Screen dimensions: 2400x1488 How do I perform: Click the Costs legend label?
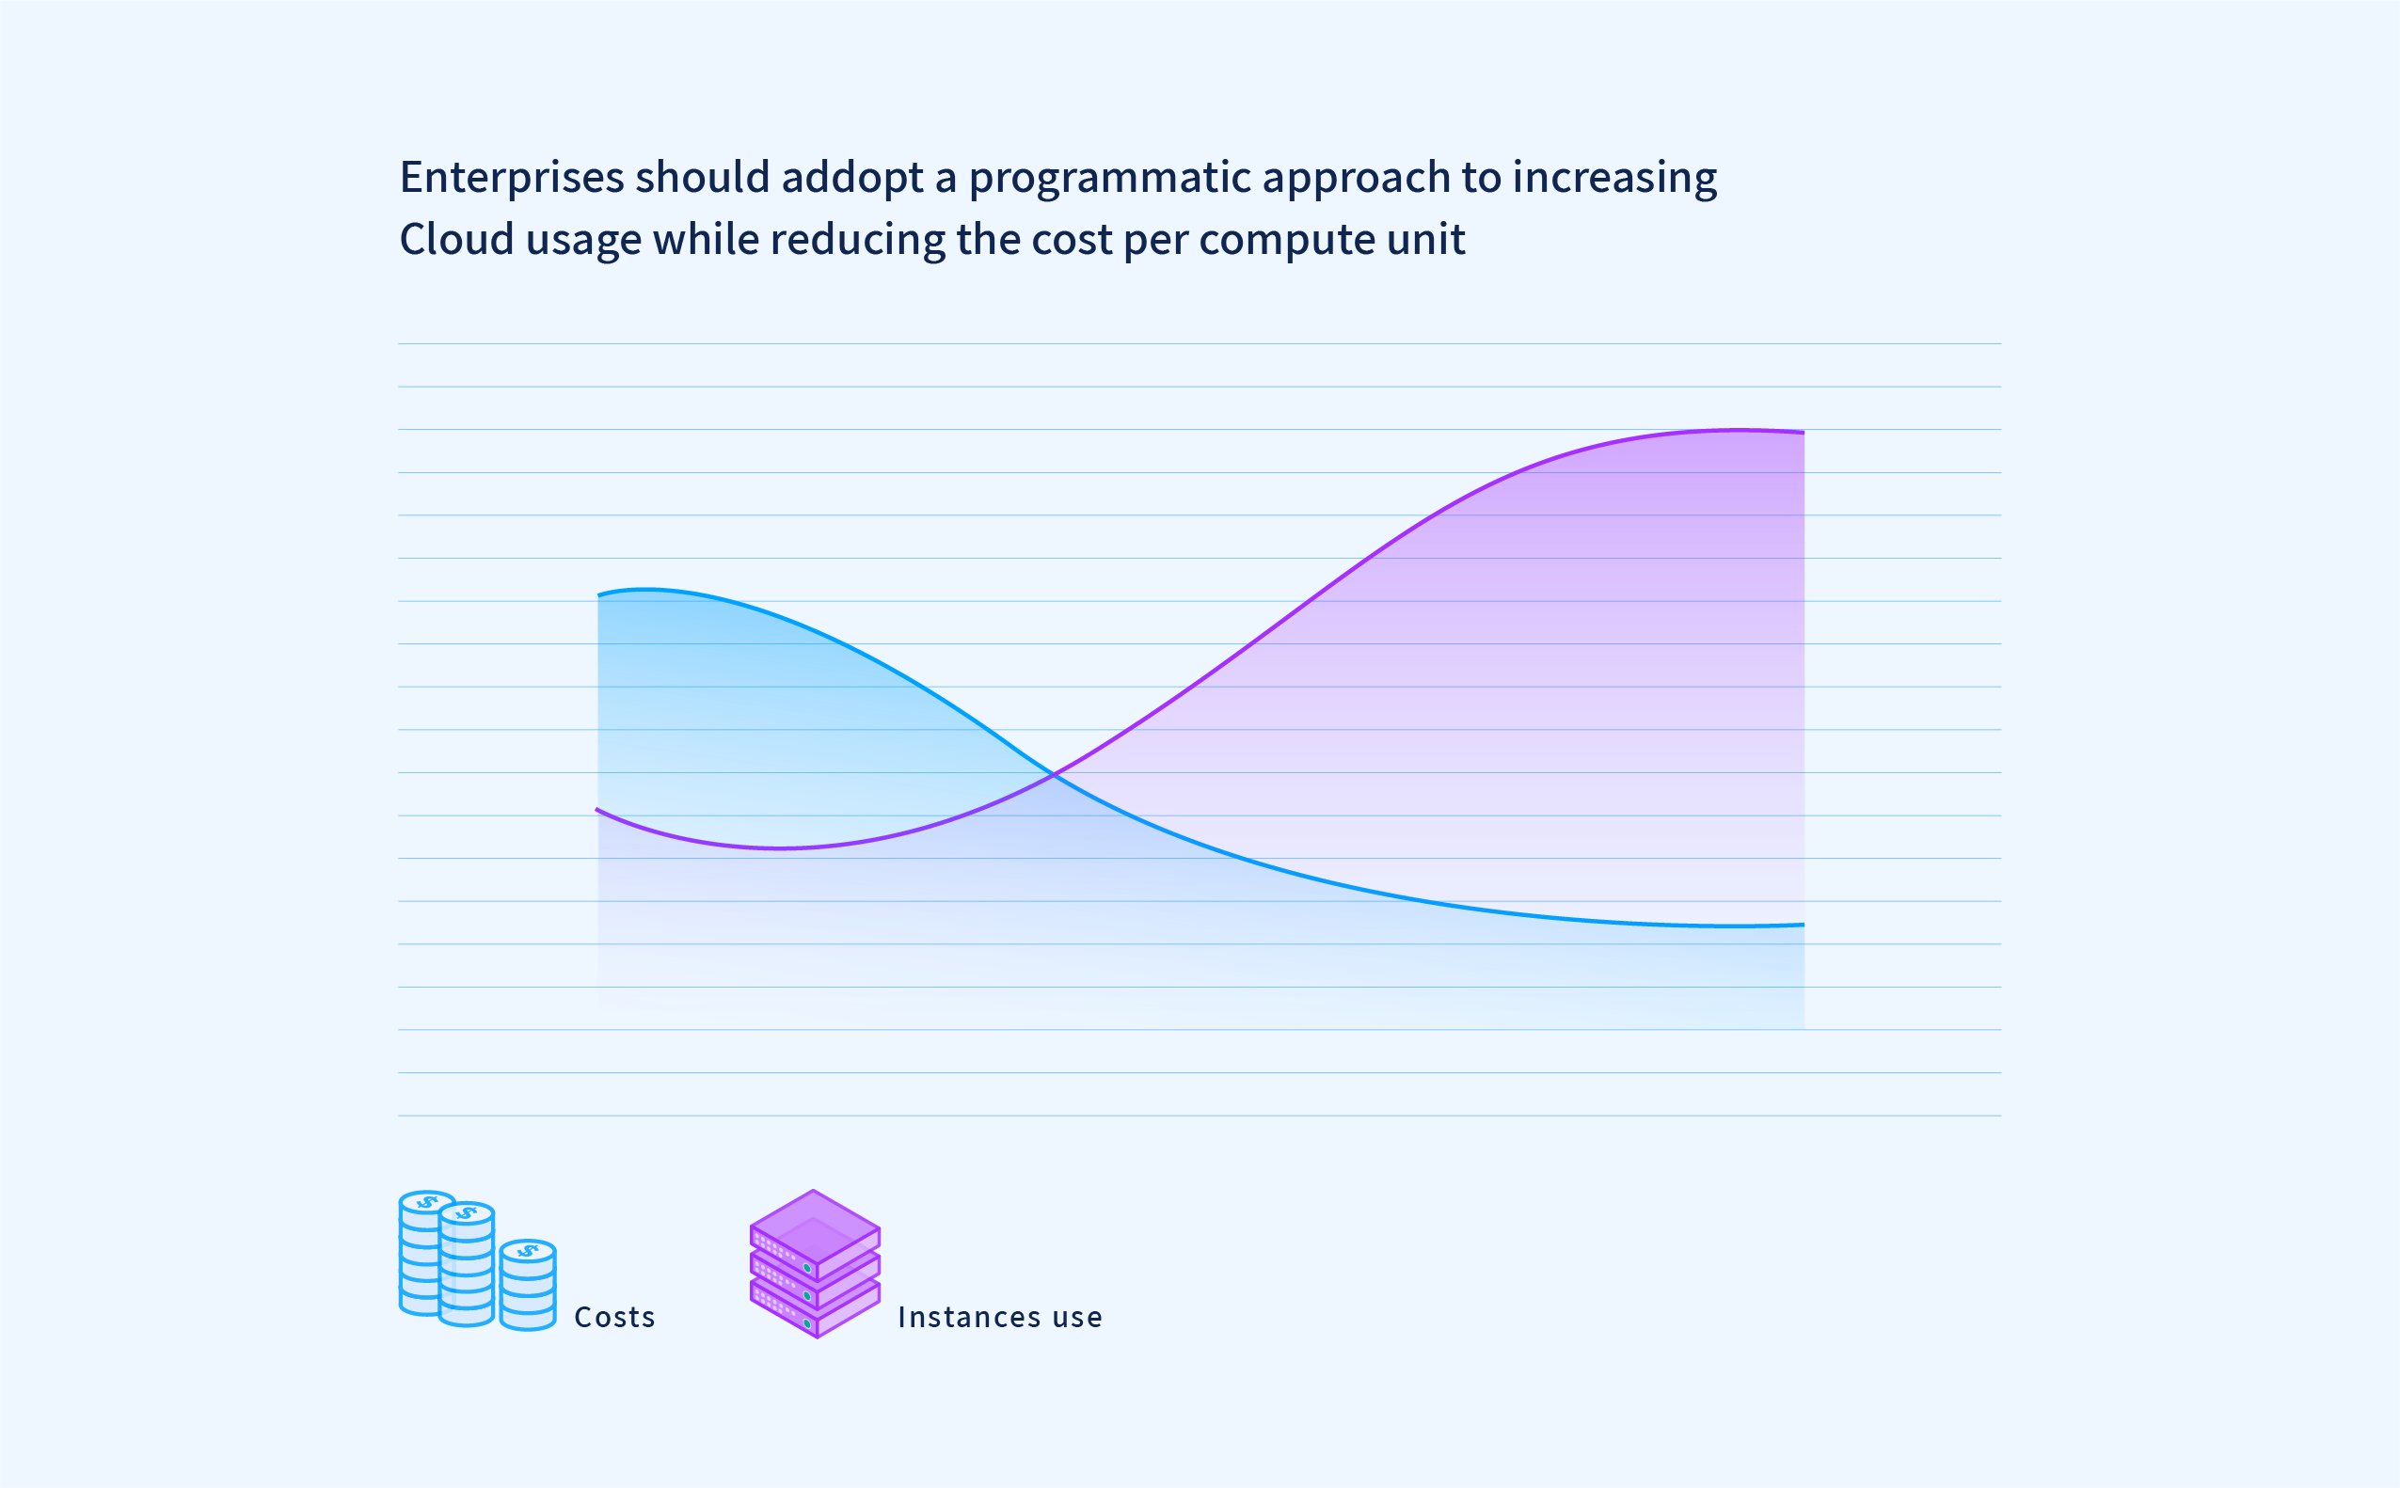point(614,1317)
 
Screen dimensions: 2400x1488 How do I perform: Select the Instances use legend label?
point(999,1317)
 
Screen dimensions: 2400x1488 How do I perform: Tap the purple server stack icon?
point(815,1263)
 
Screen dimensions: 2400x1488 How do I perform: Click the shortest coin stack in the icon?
point(528,1285)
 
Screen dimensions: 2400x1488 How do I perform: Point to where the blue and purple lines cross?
point(1054,775)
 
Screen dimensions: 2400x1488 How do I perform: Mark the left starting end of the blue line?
point(598,595)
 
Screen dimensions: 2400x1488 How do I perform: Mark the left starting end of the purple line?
point(596,809)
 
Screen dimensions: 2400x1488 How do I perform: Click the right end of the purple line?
point(1804,432)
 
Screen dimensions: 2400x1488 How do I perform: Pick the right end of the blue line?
point(1804,924)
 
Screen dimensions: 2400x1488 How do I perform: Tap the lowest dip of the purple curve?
point(780,847)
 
